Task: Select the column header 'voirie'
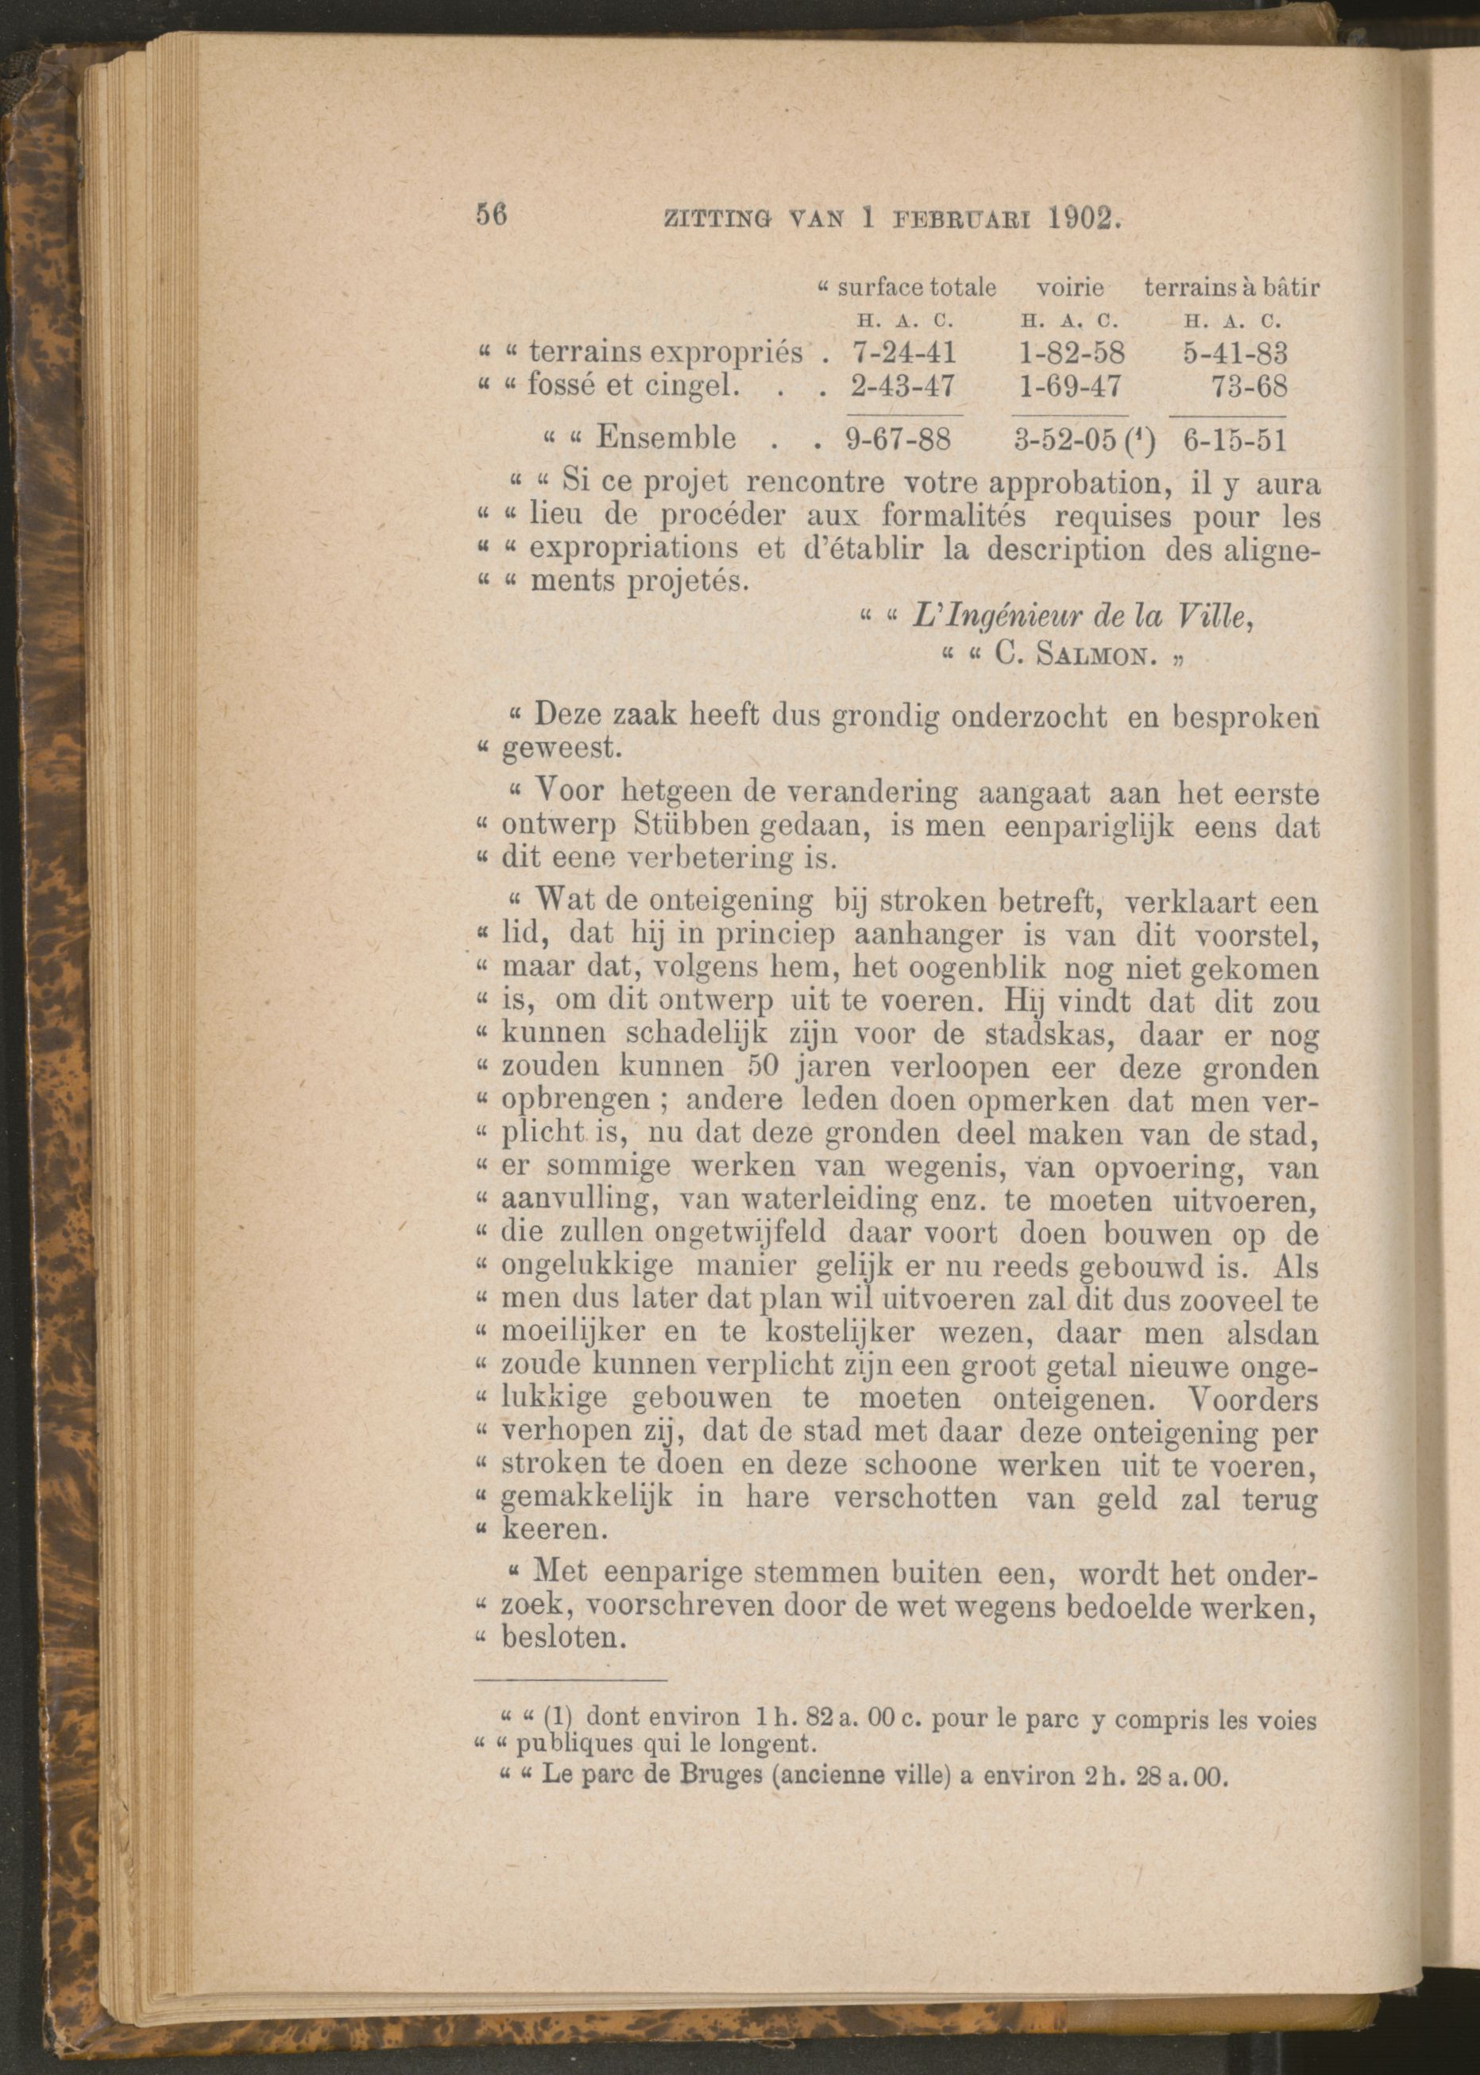pos(1070,288)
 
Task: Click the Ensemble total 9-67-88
pos(898,440)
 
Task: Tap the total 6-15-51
pos(1235,440)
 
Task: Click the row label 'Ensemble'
pos(665,439)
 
